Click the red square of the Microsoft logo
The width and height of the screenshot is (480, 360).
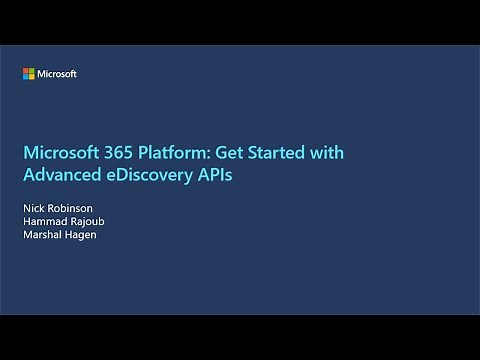click(27, 71)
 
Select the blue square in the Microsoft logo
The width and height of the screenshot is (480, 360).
click(27, 77)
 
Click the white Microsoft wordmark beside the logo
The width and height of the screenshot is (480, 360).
click(57, 74)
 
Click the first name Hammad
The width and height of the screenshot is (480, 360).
click(44, 220)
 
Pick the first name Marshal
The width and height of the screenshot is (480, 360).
click(42, 234)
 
